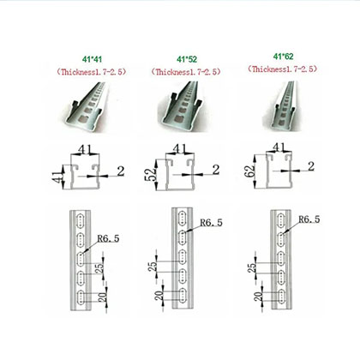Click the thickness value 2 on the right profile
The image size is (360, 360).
(x=309, y=164)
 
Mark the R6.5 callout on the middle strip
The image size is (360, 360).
(x=211, y=225)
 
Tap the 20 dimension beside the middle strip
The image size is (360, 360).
(x=156, y=297)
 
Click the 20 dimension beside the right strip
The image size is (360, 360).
(x=256, y=297)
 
